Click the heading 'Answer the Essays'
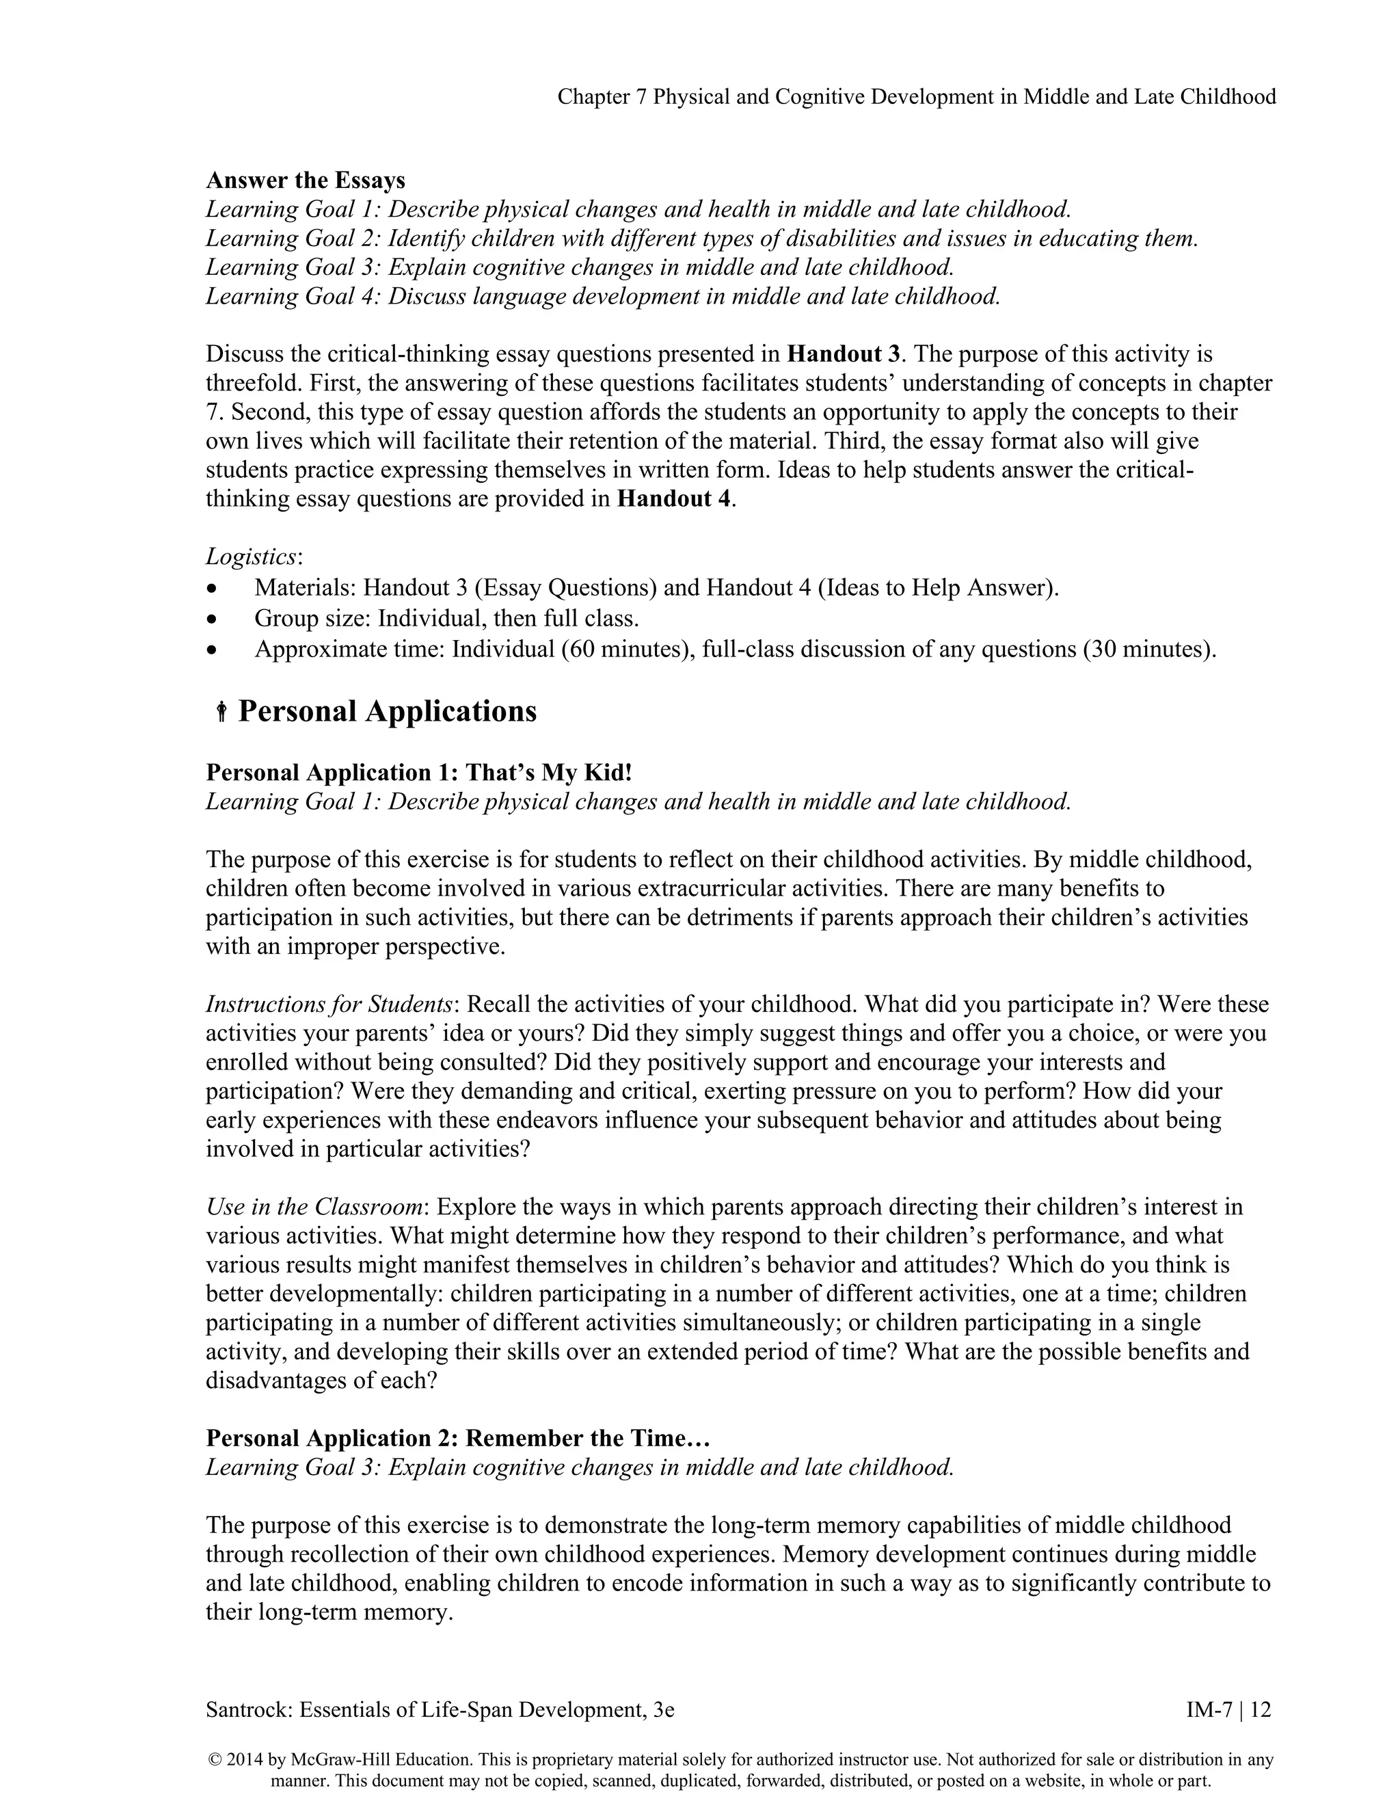click(305, 180)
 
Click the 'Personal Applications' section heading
click(388, 711)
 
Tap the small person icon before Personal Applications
click(221, 712)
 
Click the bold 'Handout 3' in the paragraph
click(843, 354)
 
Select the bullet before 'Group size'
click(214, 619)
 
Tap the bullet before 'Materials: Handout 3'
click(214, 589)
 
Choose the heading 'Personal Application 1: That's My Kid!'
click(419, 773)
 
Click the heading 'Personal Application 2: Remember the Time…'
click(458, 1438)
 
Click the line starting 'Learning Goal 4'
click(603, 296)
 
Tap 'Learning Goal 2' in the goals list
click(292, 239)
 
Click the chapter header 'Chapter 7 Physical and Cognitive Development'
click(915, 97)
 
